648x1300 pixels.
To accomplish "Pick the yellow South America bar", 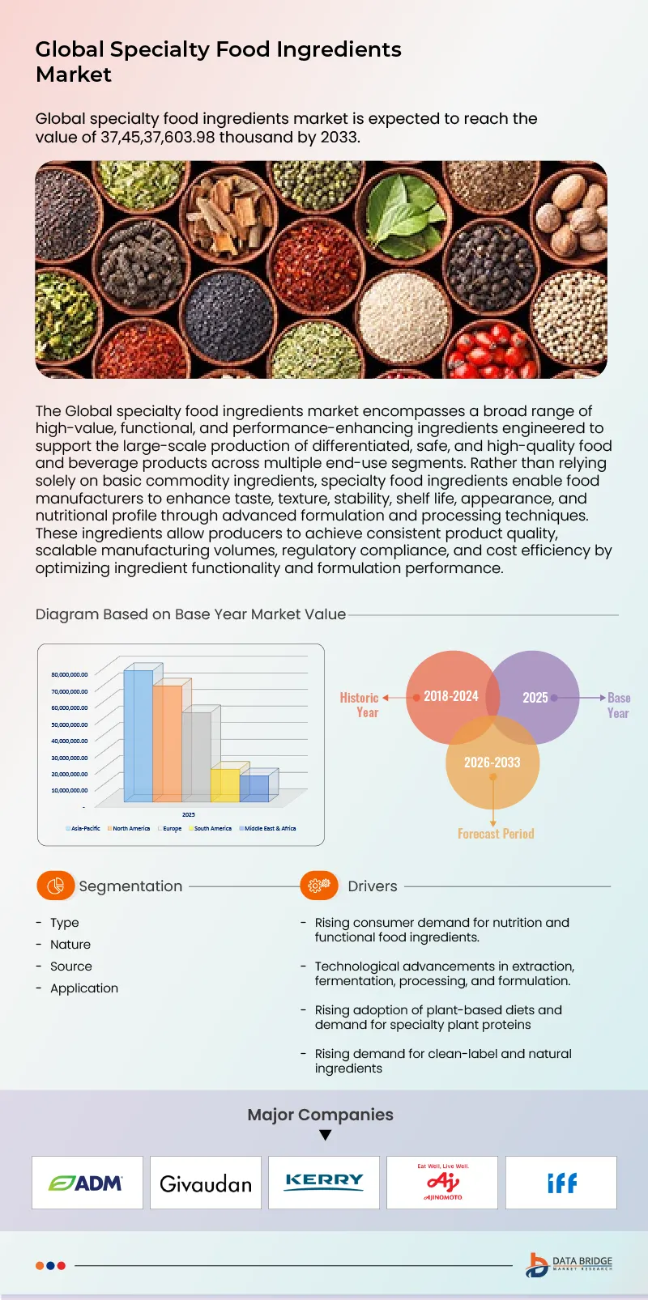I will pos(224,784).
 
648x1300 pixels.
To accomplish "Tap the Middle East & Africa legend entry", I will pos(270,829).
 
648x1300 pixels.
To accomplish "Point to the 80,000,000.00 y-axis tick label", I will pos(70,674).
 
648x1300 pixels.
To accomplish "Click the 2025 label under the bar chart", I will pos(188,814).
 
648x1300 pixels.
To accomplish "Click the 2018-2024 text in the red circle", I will pos(450,696).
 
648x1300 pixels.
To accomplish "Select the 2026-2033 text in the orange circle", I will pos(492,763).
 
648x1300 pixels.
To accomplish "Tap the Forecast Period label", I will pos(496,834).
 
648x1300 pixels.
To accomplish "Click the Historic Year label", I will pos(360,705).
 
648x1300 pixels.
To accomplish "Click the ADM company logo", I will pos(87,1183).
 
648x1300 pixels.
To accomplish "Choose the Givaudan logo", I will pos(206,1183).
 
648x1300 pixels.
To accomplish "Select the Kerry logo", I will pos(324,1181).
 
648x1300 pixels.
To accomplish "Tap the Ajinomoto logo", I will pos(442,1183).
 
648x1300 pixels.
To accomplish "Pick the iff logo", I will pos(561,1183).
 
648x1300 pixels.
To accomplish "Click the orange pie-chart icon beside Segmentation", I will pos(55,886).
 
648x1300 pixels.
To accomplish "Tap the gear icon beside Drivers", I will pos(319,886).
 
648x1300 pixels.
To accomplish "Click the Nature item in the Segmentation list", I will pos(70,945).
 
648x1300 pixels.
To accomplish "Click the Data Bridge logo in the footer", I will pos(569,1265).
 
